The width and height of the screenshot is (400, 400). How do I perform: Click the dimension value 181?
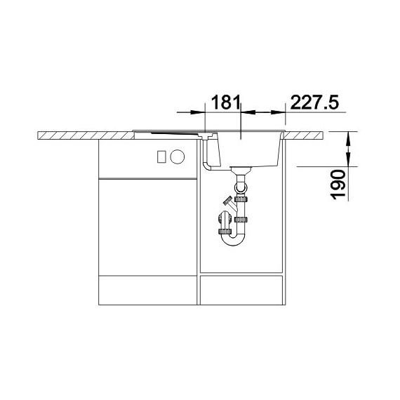click(x=226, y=102)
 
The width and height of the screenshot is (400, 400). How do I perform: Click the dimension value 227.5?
click(x=315, y=102)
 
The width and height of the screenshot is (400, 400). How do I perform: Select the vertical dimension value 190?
click(x=338, y=185)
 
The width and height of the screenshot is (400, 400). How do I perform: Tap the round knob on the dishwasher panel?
click(x=178, y=156)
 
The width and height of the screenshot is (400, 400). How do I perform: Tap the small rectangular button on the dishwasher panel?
click(x=161, y=156)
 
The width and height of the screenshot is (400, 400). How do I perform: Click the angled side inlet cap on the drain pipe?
click(x=228, y=200)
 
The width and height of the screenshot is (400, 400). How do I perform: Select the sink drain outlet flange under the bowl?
click(x=241, y=171)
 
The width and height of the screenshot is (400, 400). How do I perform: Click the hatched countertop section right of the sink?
click(x=304, y=135)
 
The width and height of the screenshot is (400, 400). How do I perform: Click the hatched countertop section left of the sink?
click(x=86, y=135)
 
